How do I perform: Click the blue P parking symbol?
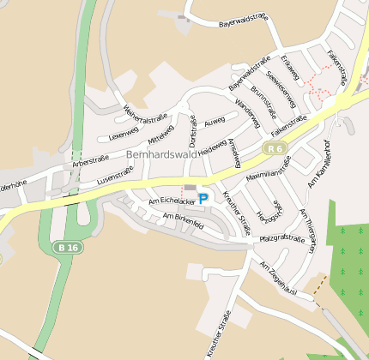[x=203, y=198]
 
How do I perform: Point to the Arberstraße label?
[x=92, y=160]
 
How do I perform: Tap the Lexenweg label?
[x=123, y=133]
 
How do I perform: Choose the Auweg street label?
[x=215, y=117]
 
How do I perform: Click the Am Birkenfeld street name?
[x=182, y=221]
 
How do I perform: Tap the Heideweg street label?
[x=212, y=147]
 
